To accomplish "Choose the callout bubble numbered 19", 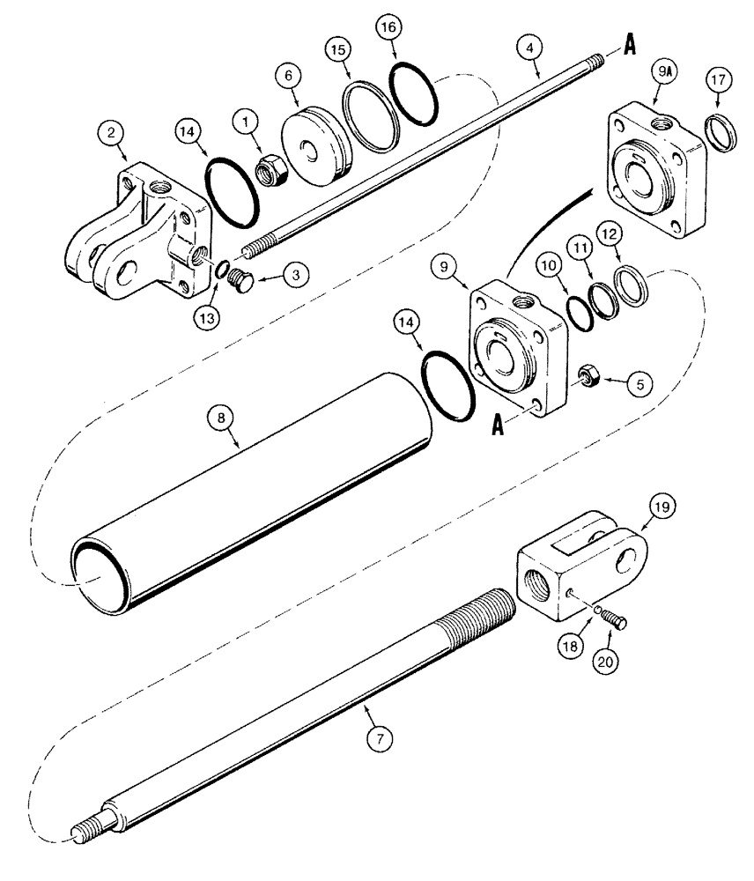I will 662,507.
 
